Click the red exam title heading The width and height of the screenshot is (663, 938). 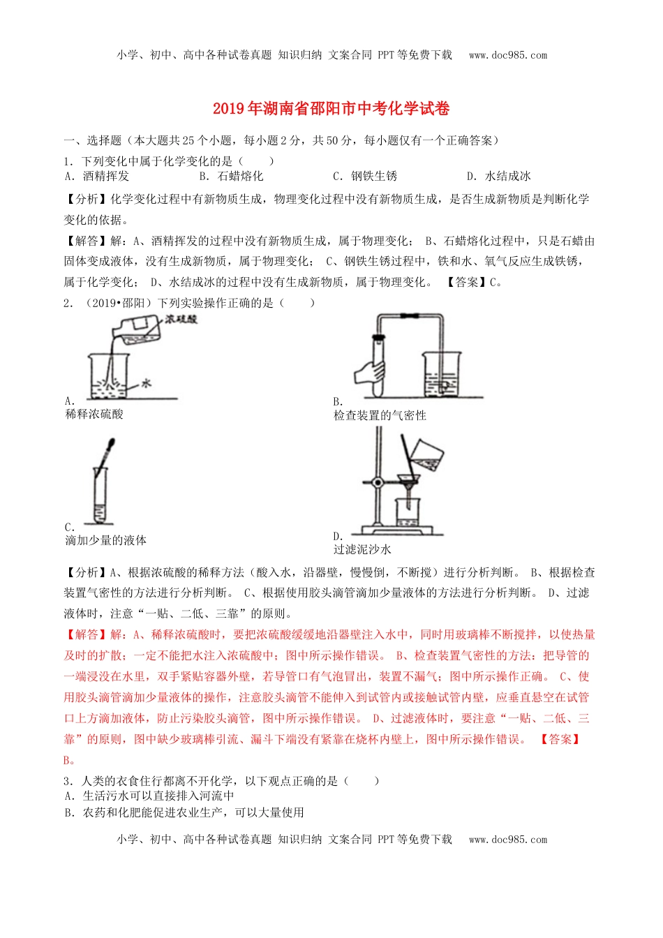coord(331,109)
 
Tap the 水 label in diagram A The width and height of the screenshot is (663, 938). coord(147,383)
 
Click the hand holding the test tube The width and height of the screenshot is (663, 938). coord(367,371)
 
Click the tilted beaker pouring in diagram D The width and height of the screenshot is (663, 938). coord(426,454)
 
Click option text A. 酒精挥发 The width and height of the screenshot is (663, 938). coord(97,177)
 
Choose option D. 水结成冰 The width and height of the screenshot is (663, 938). coord(499,177)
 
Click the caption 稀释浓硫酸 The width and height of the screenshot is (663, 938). coord(94,415)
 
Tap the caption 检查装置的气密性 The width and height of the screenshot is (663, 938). coord(380,416)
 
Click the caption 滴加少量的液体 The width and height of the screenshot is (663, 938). coord(105,541)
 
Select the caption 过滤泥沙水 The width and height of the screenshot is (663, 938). coord(362,550)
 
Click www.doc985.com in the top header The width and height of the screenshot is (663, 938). coord(508,55)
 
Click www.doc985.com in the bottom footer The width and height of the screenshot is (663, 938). coord(508,840)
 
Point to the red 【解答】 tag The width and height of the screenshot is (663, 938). coord(82,635)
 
